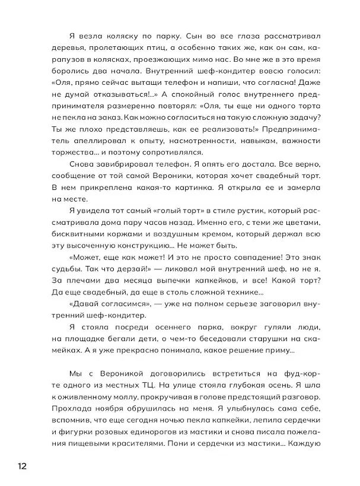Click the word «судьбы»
pos(68,284)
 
